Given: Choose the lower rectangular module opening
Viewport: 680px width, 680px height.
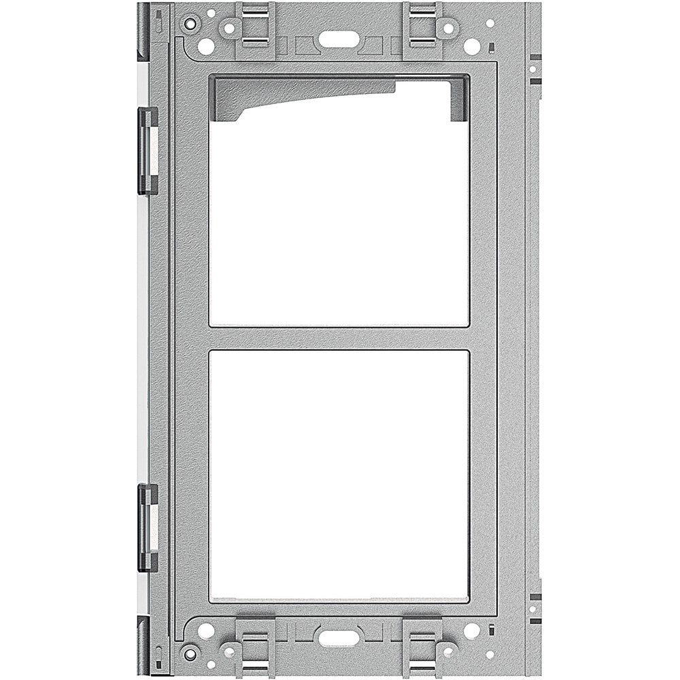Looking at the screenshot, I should [x=339, y=476].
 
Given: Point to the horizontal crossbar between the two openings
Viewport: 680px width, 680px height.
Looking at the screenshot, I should [x=339, y=338].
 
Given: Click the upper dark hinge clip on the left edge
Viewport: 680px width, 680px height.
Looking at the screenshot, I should [x=148, y=150].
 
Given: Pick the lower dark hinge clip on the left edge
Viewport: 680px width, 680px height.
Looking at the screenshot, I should [x=148, y=527].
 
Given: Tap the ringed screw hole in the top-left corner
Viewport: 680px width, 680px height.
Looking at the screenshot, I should [x=190, y=24].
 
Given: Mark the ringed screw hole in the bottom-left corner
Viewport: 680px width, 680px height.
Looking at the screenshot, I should [x=190, y=653].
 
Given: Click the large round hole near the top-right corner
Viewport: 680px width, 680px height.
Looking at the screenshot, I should [x=471, y=46].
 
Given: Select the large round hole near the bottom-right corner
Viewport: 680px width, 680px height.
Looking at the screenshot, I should [x=471, y=630].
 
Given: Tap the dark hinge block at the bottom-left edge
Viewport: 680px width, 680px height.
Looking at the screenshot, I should [x=143, y=646].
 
